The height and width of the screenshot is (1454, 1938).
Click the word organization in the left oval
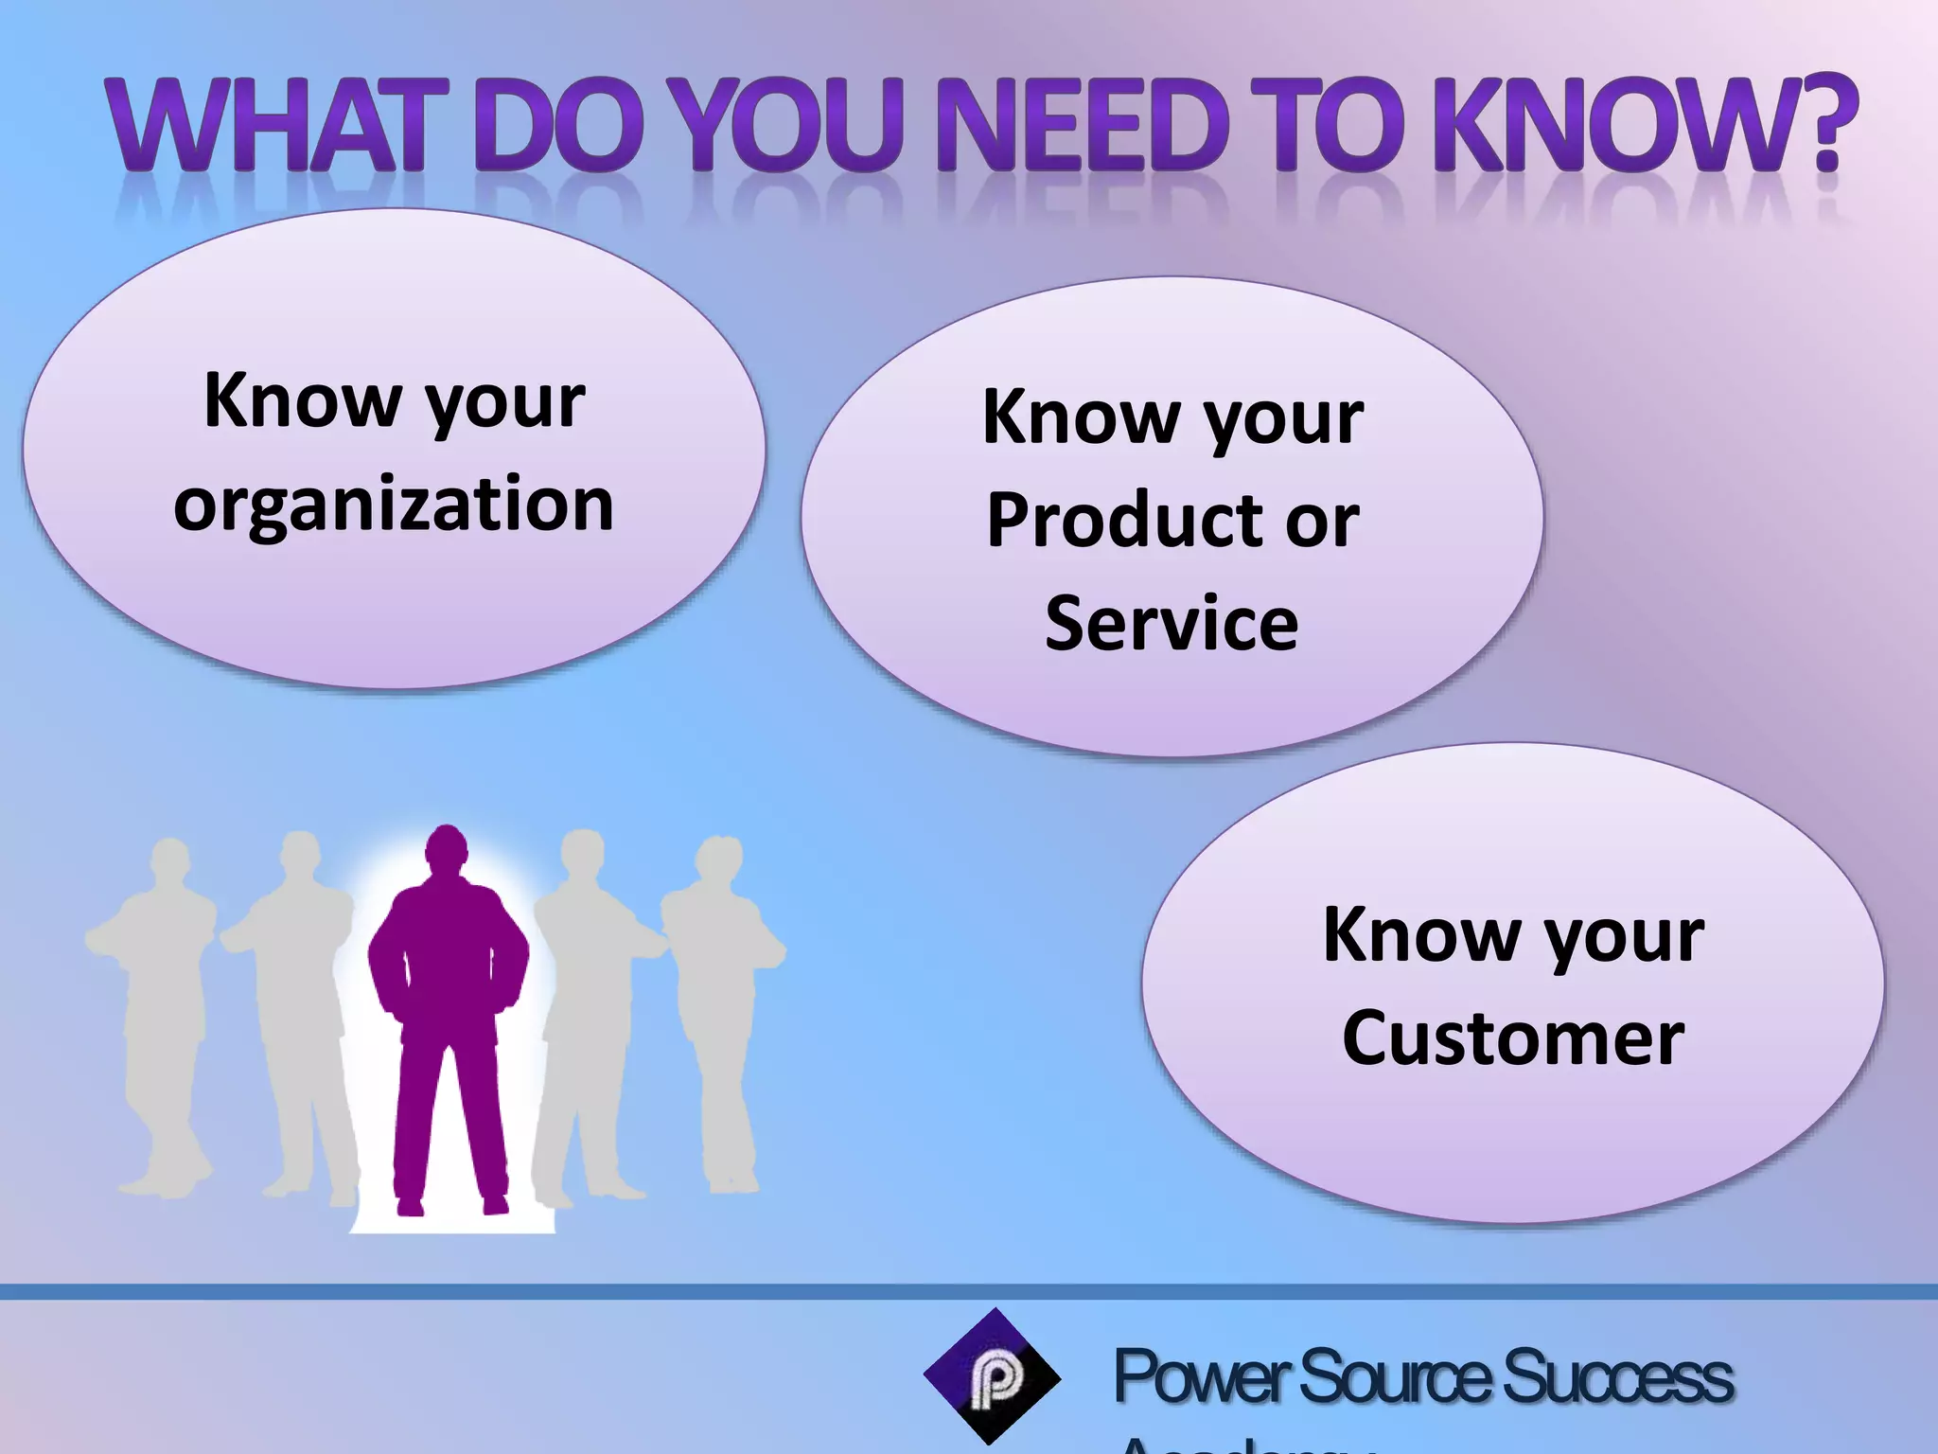(x=394, y=505)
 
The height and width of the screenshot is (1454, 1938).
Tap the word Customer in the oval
(x=1513, y=1038)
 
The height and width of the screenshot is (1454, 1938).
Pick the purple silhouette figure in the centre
(x=449, y=1022)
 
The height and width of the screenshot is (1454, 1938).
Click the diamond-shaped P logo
(x=992, y=1376)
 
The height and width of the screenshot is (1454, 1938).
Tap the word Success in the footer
(x=1618, y=1378)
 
